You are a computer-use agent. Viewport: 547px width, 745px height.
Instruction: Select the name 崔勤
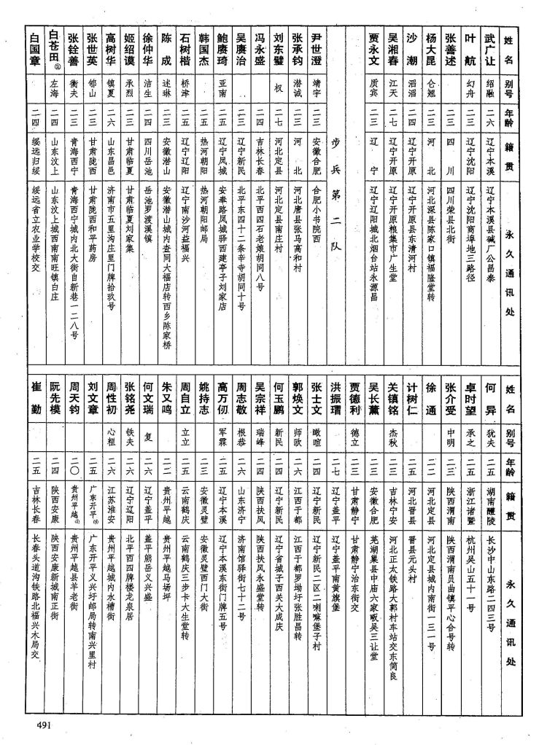pyautogui.click(x=34, y=397)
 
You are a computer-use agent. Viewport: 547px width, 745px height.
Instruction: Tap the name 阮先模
pyautogui.click(x=53, y=397)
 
